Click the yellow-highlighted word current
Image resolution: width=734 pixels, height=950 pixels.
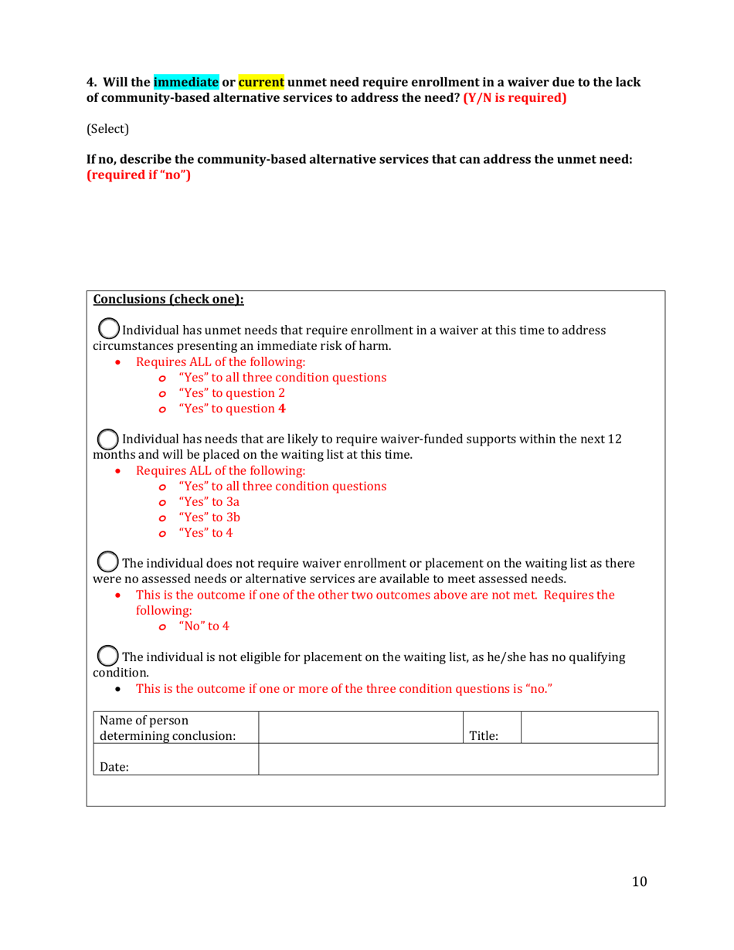261,81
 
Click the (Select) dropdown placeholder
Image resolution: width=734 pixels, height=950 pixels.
107,129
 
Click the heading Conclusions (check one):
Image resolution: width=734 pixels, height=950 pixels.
168,300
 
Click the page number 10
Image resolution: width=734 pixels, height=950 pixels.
638,882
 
